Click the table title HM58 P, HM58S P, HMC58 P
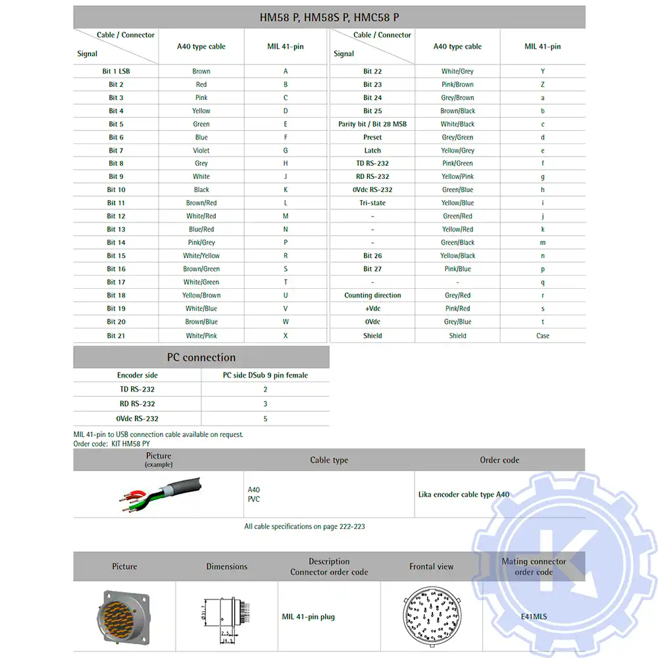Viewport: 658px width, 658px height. tap(329, 18)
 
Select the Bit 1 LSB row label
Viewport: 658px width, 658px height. tap(116, 71)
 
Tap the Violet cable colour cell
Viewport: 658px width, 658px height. tap(201, 150)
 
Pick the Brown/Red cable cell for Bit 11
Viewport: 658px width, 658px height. tap(201, 203)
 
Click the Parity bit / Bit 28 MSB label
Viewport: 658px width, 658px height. tap(372, 124)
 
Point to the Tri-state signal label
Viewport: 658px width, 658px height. tap(372, 203)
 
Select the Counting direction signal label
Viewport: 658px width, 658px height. tap(372, 295)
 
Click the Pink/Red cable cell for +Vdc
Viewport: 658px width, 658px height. tap(457, 309)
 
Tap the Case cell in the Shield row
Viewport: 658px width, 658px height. tap(543, 336)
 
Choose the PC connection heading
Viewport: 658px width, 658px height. tap(201, 357)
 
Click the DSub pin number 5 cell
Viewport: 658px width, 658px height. tap(265, 418)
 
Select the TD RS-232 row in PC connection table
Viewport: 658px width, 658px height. tap(137, 390)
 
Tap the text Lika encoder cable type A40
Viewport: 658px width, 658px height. tap(464, 495)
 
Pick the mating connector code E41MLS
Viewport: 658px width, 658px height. tap(534, 617)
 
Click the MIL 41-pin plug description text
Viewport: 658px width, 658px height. tap(309, 617)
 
